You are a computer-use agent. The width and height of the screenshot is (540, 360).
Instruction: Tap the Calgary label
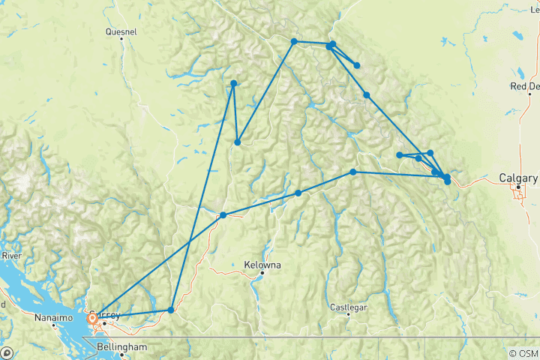click(x=518, y=178)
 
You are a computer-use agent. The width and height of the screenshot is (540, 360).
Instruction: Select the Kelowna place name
click(x=263, y=265)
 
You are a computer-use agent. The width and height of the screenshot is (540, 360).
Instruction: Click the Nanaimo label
click(x=55, y=318)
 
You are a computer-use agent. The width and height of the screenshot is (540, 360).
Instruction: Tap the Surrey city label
click(x=103, y=314)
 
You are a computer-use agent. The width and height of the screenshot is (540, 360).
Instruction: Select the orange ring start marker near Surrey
click(x=92, y=318)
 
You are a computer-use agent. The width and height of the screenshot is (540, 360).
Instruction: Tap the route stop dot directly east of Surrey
click(x=171, y=310)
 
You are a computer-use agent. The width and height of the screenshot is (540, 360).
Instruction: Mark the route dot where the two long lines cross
click(x=223, y=215)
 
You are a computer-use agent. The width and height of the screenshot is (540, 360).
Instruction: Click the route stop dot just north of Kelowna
click(x=298, y=193)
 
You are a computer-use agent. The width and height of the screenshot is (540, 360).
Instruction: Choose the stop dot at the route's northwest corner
click(x=234, y=83)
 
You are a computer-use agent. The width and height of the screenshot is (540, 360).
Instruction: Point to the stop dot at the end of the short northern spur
click(x=357, y=65)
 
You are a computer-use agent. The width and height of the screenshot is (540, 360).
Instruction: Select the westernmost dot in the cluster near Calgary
click(x=400, y=155)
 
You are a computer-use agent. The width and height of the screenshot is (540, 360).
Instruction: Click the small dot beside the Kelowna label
click(x=262, y=273)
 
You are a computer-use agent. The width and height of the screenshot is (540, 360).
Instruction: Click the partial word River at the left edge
click(x=10, y=256)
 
